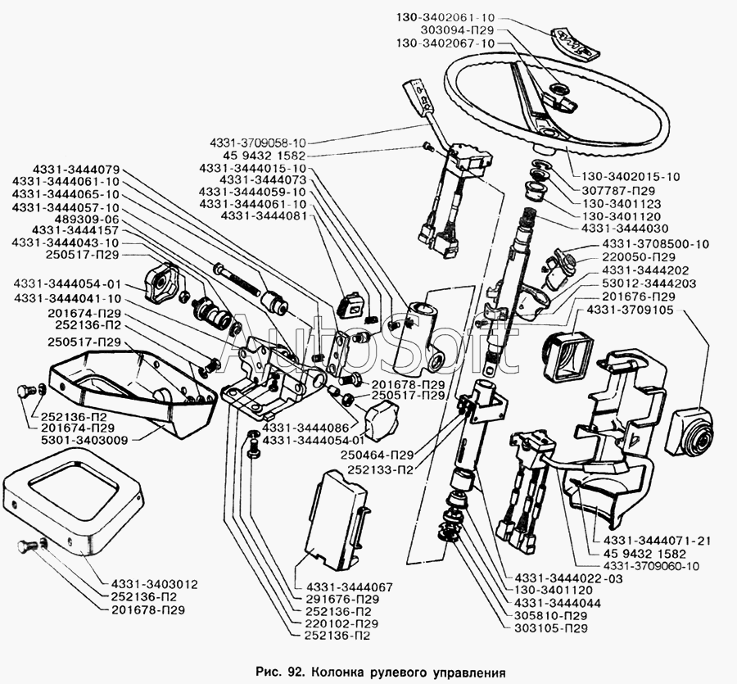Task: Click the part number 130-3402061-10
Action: [x=445, y=18]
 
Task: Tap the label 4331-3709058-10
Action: [x=258, y=143]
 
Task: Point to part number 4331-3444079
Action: [x=77, y=170]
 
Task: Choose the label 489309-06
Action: [x=87, y=220]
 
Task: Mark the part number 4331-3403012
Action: [x=155, y=584]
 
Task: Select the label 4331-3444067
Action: [x=350, y=587]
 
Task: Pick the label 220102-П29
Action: [x=342, y=624]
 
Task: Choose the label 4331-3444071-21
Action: [x=651, y=541]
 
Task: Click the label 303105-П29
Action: [x=551, y=628]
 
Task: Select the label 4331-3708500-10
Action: [x=656, y=244]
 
